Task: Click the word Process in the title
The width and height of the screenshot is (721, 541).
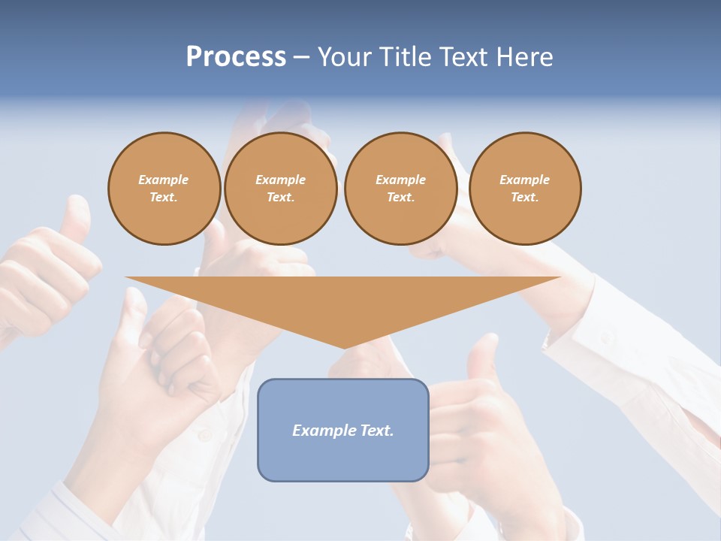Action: click(x=236, y=57)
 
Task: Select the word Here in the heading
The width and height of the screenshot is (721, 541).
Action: click(x=526, y=57)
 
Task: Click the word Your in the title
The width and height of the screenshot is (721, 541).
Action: click(x=345, y=57)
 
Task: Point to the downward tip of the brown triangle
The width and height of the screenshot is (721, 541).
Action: click(x=345, y=346)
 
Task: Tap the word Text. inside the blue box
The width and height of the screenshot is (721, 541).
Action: click(x=377, y=431)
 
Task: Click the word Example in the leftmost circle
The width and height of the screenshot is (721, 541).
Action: click(x=164, y=180)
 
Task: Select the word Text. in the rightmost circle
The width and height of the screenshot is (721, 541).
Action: click(x=525, y=197)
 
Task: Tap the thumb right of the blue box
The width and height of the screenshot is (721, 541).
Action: click(x=481, y=357)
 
